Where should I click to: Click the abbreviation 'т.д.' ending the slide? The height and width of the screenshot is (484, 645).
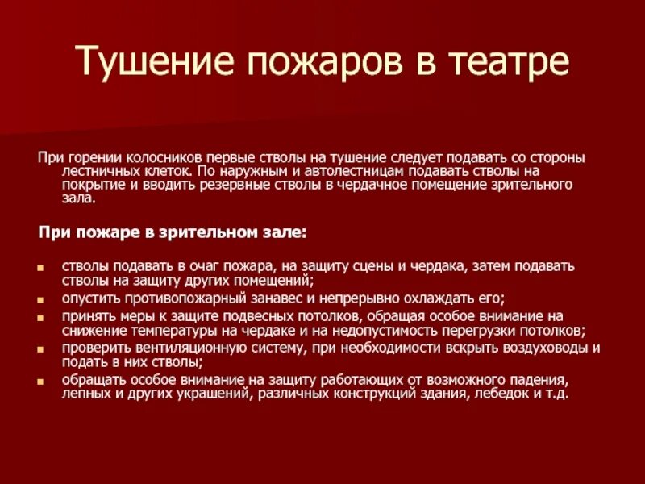[x=557, y=394]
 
